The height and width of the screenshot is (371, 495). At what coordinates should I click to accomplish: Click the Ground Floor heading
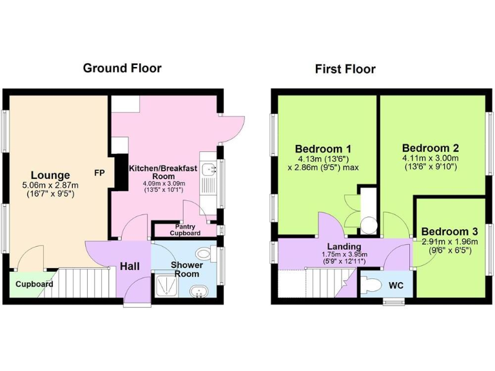coord(122,68)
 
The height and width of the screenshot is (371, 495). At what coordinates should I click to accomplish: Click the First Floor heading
coord(345,69)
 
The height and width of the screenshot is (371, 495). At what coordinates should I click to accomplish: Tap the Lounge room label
coord(50,175)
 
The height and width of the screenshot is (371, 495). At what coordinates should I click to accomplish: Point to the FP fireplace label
coord(99,173)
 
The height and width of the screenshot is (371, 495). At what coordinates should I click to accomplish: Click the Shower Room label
coord(186,269)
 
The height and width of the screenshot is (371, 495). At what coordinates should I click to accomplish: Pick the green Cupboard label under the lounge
coord(34,283)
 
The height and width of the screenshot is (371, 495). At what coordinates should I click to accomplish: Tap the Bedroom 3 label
coord(449,232)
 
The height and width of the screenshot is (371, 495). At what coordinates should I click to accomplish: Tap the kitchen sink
coord(209,169)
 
